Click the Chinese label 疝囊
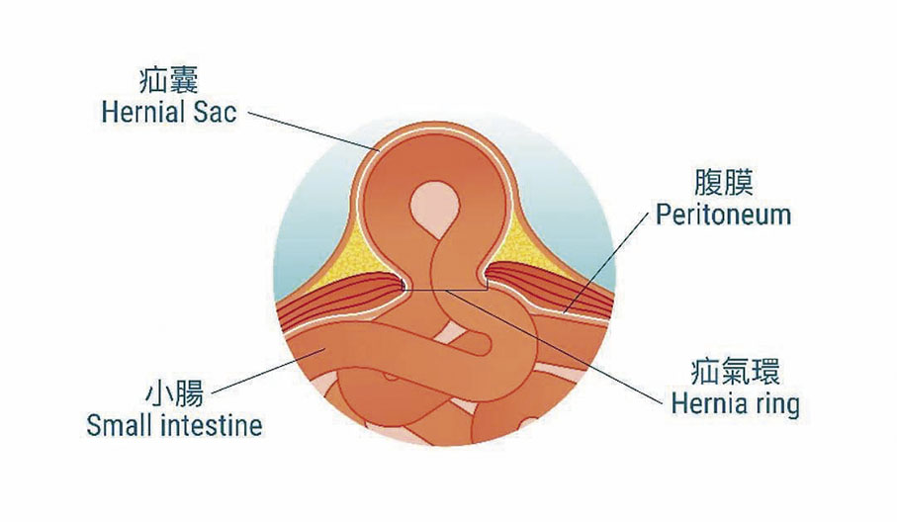(168, 80)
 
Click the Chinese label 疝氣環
(735, 372)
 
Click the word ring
(777, 405)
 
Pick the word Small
(117, 426)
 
